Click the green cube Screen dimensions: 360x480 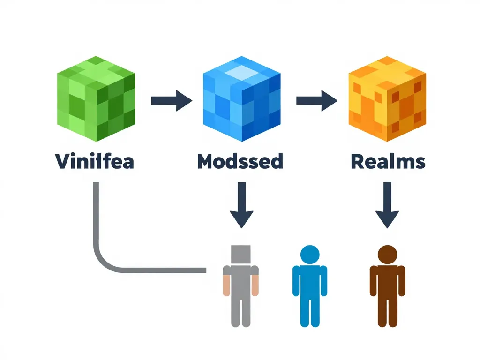[x=96, y=99]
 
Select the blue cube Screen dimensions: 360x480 [x=241, y=99]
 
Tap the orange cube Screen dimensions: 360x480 [x=387, y=99]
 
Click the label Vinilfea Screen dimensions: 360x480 [x=95, y=161]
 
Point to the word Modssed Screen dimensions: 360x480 [x=240, y=161]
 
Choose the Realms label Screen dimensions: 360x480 [x=388, y=161]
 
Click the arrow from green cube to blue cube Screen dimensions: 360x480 [x=171, y=100]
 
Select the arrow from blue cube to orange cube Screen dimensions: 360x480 [x=317, y=100]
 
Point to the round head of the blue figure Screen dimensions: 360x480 [x=309, y=255]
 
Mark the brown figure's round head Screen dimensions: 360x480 [x=387, y=255]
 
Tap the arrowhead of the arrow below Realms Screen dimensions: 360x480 [x=387, y=218]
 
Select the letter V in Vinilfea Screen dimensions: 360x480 [x=62, y=161]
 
